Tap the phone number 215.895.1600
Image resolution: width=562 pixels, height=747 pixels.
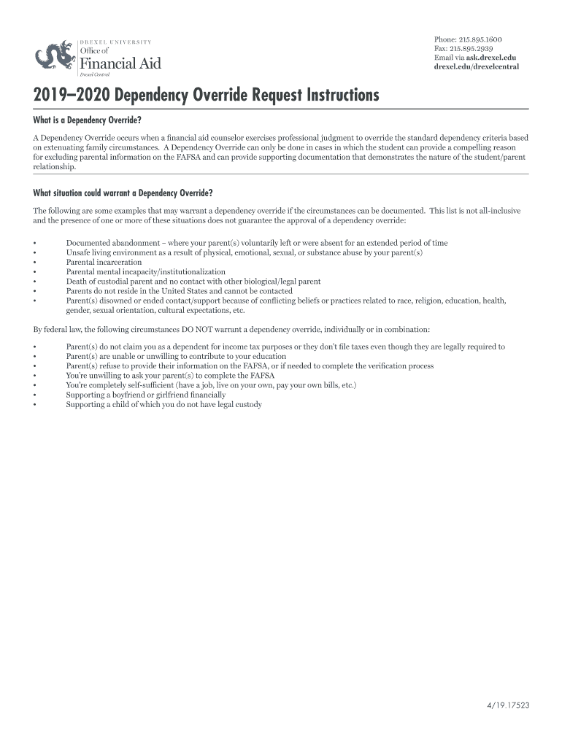482,39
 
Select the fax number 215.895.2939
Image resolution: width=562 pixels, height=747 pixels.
477,48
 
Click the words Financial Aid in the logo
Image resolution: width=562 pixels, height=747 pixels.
120,63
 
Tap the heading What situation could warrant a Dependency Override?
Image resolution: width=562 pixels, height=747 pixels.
123,193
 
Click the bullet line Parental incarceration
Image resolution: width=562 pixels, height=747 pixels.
104,262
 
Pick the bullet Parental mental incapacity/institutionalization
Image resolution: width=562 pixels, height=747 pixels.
145,271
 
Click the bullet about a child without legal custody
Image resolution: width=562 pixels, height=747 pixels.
163,404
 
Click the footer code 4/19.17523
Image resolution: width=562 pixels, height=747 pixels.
508,707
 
